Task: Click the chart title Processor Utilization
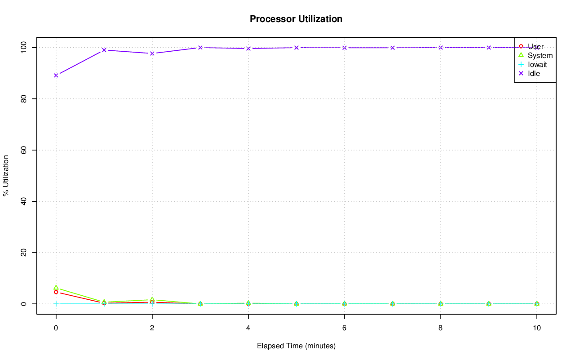click(296, 19)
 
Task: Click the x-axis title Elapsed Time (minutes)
click(296, 346)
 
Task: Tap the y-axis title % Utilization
click(6, 176)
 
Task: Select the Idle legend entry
click(534, 73)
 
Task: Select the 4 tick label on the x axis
click(248, 328)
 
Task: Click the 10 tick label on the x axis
click(536, 328)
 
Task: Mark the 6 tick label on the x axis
click(344, 328)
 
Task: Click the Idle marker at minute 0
click(56, 75)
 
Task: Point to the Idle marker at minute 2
click(152, 53)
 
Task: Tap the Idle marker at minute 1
click(104, 50)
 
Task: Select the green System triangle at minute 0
click(56, 288)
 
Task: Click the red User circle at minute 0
click(56, 292)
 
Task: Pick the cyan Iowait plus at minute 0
click(56, 304)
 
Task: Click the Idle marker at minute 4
click(248, 49)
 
